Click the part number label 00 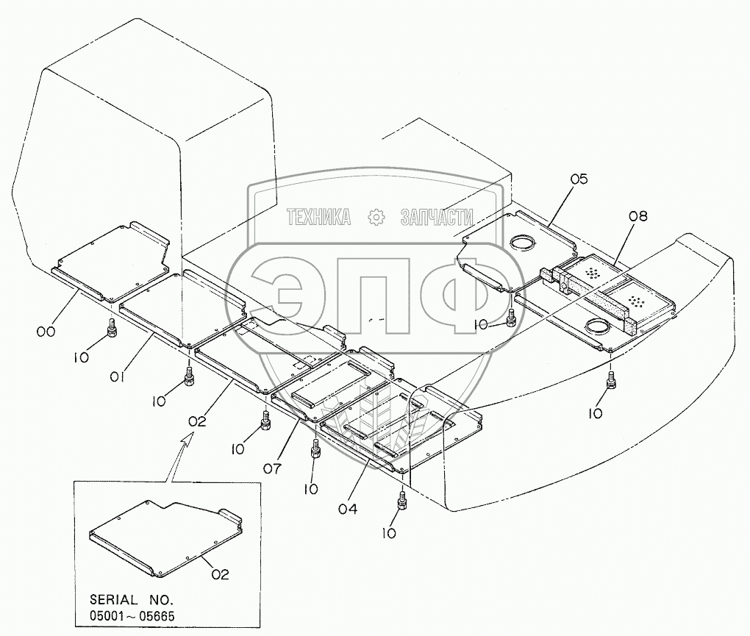click(x=46, y=332)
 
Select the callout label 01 click(x=118, y=377)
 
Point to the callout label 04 click(x=349, y=508)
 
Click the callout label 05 click(x=579, y=179)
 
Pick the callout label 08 click(x=638, y=215)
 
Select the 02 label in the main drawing click(x=197, y=421)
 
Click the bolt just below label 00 click(x=112, y=327)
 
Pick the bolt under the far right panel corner click(x=610, y=381)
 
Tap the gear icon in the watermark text click(x=376, y=216)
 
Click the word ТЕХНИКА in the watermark click(x=318, y=216)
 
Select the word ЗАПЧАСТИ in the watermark click(x=437, y=216)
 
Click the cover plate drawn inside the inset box click(x=165, y=537)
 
